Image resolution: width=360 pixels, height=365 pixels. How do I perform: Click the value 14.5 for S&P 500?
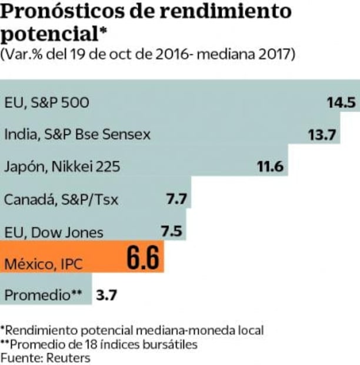pos(342,102)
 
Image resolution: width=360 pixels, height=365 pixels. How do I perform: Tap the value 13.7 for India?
pos(321,135)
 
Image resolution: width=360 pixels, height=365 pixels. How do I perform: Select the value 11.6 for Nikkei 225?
pos(271,167)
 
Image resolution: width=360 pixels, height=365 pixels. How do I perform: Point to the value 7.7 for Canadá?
pos(176,200)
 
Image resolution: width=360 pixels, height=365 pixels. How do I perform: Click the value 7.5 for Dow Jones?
pos(172,231)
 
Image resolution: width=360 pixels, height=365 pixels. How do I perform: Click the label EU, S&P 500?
pos(47,103)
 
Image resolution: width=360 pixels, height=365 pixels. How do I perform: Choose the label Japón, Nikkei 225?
pos(62,167)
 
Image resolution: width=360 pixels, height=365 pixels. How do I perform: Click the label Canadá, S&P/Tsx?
pos(61,200)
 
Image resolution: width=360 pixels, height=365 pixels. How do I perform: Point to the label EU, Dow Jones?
pos(54,232)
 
